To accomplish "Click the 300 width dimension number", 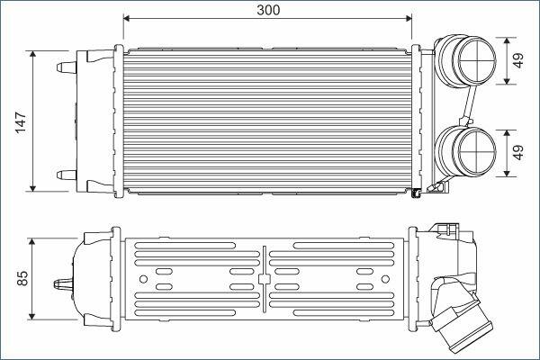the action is click(268, 10).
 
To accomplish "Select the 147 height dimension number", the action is click(21, 122).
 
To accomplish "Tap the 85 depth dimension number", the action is click(22, 278).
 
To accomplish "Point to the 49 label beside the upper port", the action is click(518, 60).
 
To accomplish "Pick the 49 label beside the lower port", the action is click(518, 152).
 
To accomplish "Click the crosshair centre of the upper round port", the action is click(477, 60).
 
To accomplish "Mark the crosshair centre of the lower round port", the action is click(477, 152).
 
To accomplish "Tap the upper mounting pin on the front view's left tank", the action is click(66, 67).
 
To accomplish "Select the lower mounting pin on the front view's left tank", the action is click(66, 175).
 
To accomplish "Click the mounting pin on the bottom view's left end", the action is click(63, 284).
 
